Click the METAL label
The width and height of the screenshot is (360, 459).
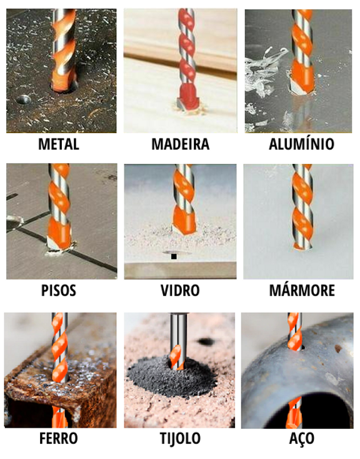click(59, 144)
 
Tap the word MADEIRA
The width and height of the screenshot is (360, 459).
click(180, 144)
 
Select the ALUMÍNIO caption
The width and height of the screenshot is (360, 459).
click(301, 144)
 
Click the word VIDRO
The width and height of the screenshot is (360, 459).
click(179, 290)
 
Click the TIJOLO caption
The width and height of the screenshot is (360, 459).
click(179, 438)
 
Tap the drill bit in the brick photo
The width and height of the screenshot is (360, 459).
click(177, 344)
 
